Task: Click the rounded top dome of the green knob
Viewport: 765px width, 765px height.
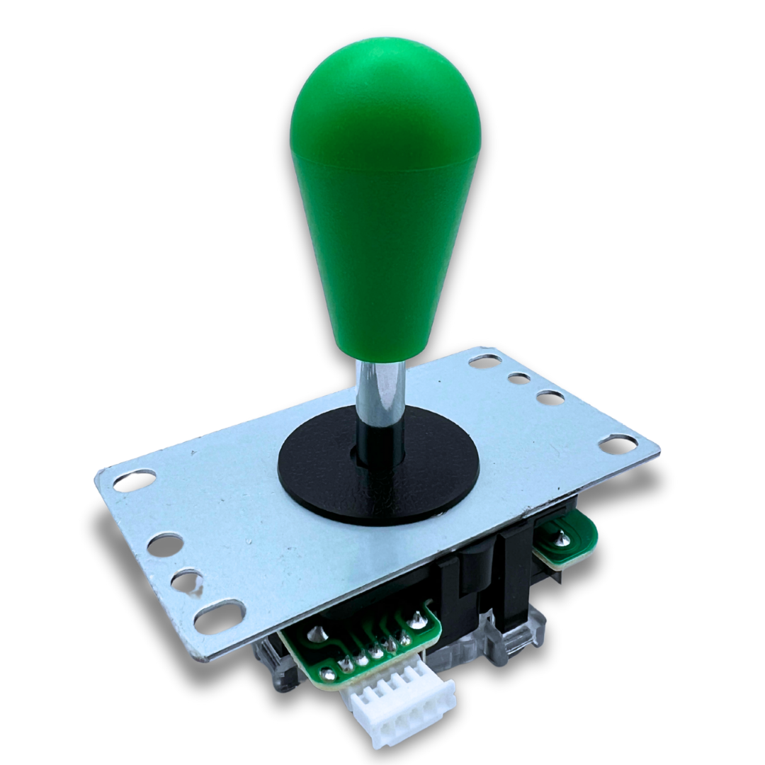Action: pos(386,92)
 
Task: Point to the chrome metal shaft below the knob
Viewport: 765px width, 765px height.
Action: pos(380,390)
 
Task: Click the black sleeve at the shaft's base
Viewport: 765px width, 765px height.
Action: pos(380,443)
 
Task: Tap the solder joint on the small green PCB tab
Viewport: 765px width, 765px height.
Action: pos(562,540)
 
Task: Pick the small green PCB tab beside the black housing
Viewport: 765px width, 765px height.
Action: pos(570,542)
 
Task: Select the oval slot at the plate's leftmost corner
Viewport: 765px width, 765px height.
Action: pos(135,481)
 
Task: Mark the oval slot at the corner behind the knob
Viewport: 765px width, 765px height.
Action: pos(484,361)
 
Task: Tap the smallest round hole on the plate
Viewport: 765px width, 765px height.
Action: pos(519,378)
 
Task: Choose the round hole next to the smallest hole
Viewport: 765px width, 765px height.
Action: pos(550,397)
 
